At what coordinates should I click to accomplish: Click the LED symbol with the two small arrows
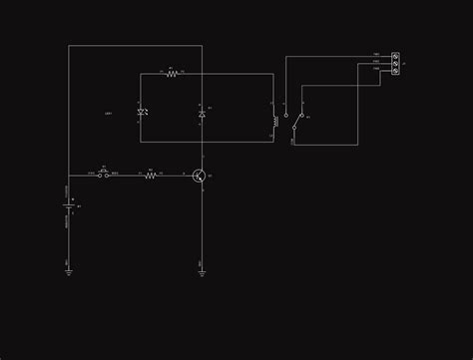click(142, 113)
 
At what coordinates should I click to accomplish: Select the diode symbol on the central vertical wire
click(202, 114)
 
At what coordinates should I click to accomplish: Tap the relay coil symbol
click(274, 121)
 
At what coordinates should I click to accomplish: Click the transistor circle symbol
click(200, 176)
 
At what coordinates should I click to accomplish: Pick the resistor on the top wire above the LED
click(172, 74)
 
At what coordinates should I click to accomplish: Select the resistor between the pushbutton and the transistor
click(151, 176)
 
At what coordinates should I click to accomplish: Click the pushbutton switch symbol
click(104, 175)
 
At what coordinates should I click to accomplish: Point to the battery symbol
click(69, 206)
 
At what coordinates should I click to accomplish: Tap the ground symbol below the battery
click(69, 270)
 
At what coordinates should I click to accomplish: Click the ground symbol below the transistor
click(202, 270)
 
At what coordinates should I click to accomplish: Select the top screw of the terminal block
click(395, 56)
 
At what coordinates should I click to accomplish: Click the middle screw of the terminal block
click(395, 63)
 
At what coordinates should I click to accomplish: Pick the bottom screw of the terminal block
click(395, 70)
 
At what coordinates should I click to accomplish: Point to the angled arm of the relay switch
click(297, 122)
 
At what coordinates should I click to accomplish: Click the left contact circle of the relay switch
click(286, 115)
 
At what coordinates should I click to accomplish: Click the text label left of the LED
click(108, 114)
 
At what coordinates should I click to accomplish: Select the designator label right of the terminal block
click(404, 63)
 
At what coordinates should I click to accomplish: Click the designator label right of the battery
click(79, 206)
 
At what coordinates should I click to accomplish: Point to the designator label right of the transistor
click(210, 176)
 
